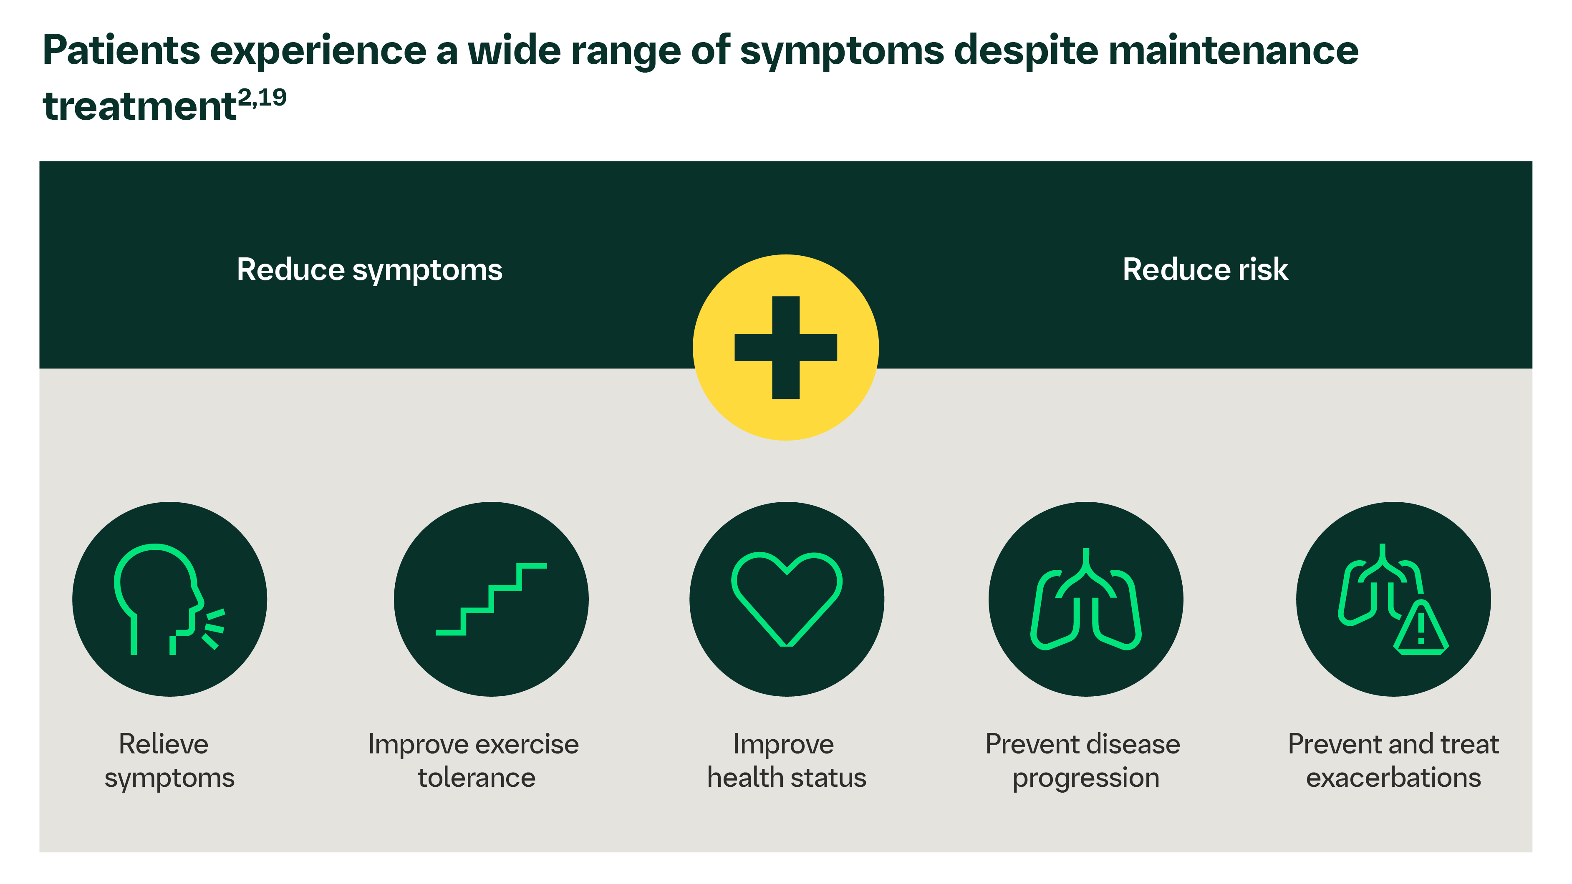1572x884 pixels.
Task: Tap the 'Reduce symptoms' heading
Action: pos(369,269)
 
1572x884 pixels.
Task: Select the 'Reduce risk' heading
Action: pos(1205,269)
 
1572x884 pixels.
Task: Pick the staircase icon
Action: pos(491,599)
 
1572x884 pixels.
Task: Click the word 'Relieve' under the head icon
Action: pos(164,744)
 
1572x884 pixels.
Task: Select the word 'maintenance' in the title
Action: pos(1233,50)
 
